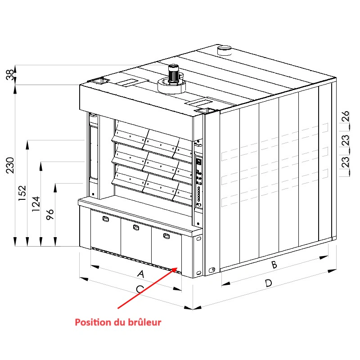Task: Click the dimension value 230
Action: (x=10, y=165)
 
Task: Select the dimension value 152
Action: (x=22, y=193)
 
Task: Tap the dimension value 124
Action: (x=36, y=204)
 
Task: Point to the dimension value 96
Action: (x=50, y=215)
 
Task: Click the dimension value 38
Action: (x=10, y=75)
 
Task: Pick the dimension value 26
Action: (x=345, y=116)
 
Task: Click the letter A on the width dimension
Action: (x=141, y=274)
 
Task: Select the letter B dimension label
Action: (x=274, y=265)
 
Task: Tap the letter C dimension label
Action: (x=140, y=289)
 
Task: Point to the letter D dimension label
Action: (x=268, y=283)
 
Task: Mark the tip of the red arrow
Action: (x=177, y=267)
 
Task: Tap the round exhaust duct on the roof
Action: (x=224, y=50)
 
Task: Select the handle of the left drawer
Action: (x=106, y=219)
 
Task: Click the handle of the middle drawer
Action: (x=136, y=227)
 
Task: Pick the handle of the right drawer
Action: (x=166, y=236)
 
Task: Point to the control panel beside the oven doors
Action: (x=198, y=181)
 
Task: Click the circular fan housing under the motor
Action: (x=171, y=86)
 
